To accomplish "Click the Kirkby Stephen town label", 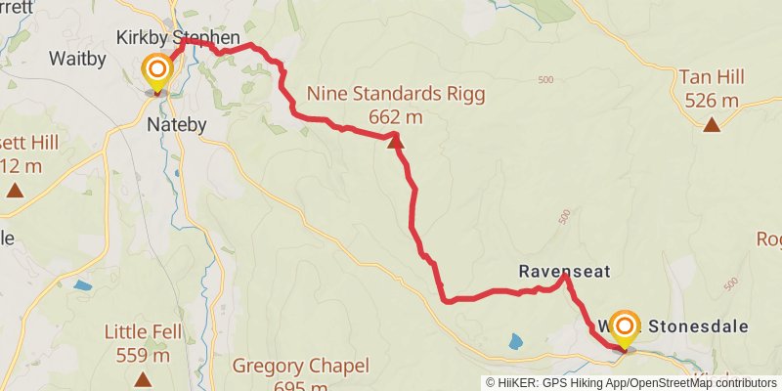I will tap(178, 38).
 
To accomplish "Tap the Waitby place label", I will tap(77, 59).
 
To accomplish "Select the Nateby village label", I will tap(176, 125).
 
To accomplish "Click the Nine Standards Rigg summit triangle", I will tap(396, 143).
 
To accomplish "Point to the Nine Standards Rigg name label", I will tap(396, 95).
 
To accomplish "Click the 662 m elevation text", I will tap(396, 117).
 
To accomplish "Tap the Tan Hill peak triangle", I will tap(713, 123).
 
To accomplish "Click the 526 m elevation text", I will tap(713, 100).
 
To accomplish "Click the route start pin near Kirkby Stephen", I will tap(156, 72).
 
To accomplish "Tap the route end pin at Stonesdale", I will tap(624, 328).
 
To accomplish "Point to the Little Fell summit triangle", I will tap(144, 378).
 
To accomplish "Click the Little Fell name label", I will tap(144, 332).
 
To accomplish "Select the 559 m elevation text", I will tap(144, 355).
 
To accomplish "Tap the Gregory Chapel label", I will tap(300, 367).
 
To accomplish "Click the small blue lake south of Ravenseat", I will tap(515, 341).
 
